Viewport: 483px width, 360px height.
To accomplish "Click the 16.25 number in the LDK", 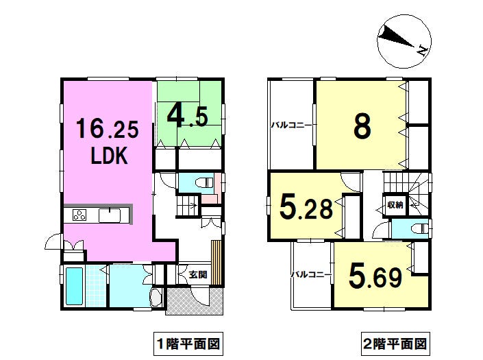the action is point(107,129).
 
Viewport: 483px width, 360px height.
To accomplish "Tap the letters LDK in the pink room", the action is point(110,156).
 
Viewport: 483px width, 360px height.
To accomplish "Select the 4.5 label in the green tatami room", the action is point(187,117).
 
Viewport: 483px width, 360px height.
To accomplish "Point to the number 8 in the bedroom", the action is point(362,126).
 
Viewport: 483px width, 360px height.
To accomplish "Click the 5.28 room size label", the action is point(306,208).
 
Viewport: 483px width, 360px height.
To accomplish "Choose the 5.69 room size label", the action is point(375,277).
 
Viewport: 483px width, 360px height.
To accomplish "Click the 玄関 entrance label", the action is point(198,274).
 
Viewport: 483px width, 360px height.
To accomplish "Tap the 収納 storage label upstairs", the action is point(395,204).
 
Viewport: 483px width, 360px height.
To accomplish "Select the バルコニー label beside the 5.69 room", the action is point(311,274).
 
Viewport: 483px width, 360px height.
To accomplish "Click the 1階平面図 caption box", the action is point(188,344).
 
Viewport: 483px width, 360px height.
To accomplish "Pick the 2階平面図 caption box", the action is point(395,344).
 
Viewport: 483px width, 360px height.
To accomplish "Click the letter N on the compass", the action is point(423,50).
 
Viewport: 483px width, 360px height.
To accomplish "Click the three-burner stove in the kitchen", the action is point(79,215).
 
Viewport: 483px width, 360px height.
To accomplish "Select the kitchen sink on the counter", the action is point(110,215).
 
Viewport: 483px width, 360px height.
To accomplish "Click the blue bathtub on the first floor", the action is point(75,286).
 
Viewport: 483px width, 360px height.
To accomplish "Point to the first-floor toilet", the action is point(205,183).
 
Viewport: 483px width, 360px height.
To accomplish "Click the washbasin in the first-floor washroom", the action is point(156,298).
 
